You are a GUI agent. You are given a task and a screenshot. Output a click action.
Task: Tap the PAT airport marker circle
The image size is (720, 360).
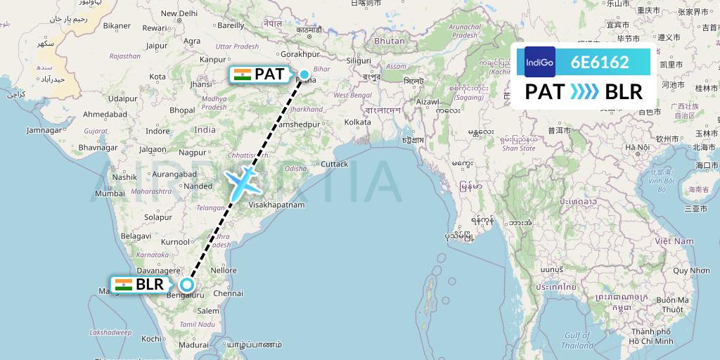(x=304, y=74)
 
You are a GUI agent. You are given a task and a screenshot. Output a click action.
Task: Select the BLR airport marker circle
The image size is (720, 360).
(x=186, y=285)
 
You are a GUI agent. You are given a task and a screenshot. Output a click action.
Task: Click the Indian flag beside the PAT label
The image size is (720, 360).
(x=243, y=74)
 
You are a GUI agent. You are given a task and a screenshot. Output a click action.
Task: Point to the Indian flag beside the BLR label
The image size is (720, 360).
(x=124, y=285)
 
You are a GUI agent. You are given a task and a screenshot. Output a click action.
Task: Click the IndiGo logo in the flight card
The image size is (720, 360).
(x=540, y=62)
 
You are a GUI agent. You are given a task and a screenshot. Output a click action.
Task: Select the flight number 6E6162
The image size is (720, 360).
(x=600, y=62)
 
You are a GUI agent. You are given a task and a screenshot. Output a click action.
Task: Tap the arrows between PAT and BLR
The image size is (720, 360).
(x=585, y=92)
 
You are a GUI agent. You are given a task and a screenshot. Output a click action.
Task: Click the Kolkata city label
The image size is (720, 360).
(x=357, y=122)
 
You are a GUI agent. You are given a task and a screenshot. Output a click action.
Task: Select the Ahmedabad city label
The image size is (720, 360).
(x=105, y=114)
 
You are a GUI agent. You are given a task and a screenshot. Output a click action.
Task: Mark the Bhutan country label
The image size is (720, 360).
(x=390, y=41)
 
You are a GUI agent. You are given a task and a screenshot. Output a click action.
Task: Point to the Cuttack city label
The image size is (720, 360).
(x=334, y=164)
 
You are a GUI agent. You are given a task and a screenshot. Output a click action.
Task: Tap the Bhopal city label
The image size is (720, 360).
(x=182, y=110)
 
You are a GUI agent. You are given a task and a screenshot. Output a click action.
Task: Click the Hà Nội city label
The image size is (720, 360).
(x=638, y=147)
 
